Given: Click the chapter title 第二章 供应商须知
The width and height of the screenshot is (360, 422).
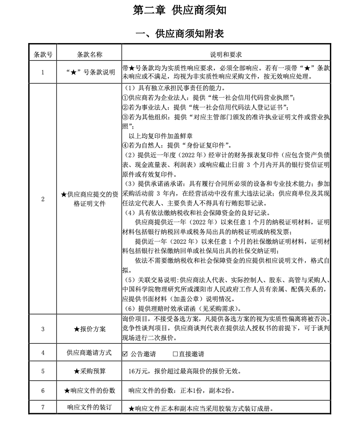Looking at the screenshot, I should click(x=180, y=11).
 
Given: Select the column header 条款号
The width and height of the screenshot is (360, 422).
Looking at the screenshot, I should click(x=43, y=55).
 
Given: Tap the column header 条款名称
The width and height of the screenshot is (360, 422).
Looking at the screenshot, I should click(x=89, y=55).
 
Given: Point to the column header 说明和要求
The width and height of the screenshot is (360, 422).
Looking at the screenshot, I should click(x=226, y=55).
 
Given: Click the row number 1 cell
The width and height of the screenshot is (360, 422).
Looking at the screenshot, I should click(x=43, y=72).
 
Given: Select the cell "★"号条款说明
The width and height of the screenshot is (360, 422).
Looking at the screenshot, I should click(x=89, y=72).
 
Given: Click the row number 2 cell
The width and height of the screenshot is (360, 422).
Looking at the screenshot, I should click(x=43, y=199).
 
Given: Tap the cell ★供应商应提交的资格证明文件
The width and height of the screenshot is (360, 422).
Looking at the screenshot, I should click(x=89, y=199).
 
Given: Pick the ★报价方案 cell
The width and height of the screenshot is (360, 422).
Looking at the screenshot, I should click(x=89, y=329).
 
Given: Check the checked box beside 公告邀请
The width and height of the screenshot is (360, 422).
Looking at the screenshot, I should click(x=125, y=354).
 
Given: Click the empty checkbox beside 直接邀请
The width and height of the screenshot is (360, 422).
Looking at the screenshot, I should click(x=175, y=354).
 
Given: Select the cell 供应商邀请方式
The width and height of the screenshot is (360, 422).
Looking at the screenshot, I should click(x=89, y=353).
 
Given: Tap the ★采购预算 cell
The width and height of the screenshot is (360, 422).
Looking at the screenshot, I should click(x=89, y=371).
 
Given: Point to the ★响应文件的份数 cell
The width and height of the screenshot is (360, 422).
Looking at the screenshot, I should click(x=89, y=391).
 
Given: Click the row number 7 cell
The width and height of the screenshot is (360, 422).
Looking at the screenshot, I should click(x=43, y=408).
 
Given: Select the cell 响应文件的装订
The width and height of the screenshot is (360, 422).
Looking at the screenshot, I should click(x=89, y=408).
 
